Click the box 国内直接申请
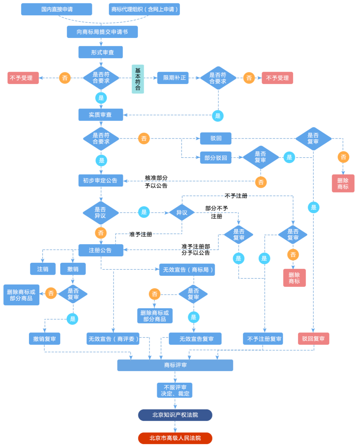click(57, 9)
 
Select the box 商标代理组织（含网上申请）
click(144, 9)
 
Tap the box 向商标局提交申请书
click(102, 32)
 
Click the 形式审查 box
click(101, 52)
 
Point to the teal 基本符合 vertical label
click(138, 79)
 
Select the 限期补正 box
click(173, 78)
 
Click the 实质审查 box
click(101, 115)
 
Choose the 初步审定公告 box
click(101, 180)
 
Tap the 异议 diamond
click(182, 213)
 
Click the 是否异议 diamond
click(101, 213)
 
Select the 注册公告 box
click(101, 250)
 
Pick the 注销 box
click(43, 269)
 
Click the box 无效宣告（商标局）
click(187, 269)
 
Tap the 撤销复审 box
click(44, 338)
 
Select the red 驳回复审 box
click(313, 338)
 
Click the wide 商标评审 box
click(175, 365)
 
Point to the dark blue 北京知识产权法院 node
click(175, 415)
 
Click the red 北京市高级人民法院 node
click(175, 438)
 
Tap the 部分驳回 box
click(216, 158)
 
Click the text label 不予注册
click(236, 196)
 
